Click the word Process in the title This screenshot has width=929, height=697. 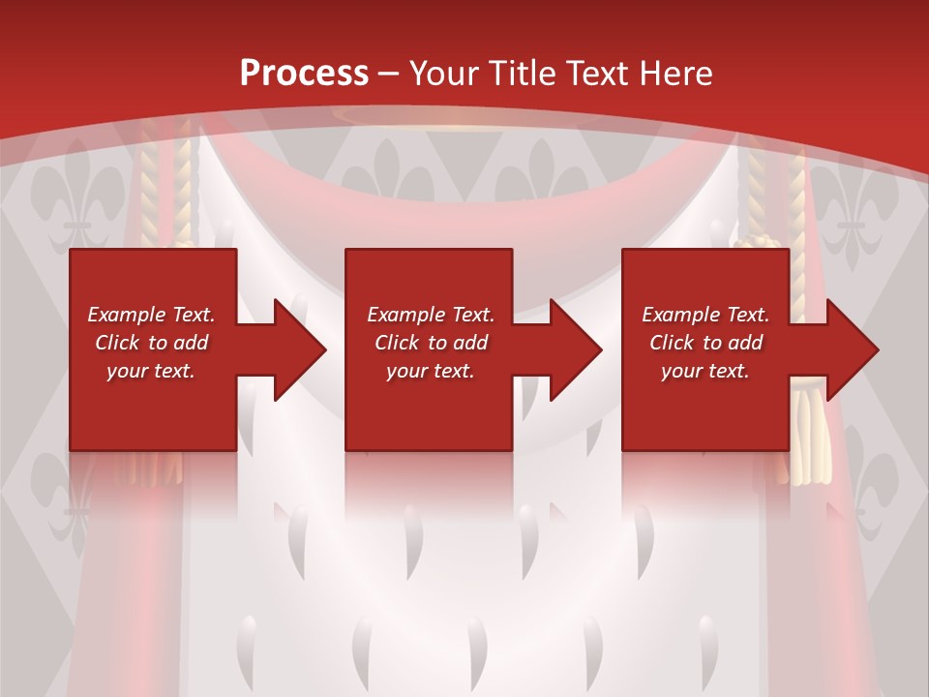[304, 74]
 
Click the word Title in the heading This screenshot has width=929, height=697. [521, 74]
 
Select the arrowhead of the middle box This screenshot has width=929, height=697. [576, 349]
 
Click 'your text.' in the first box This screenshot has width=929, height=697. [151, 371]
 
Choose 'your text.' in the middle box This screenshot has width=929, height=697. [431, 371]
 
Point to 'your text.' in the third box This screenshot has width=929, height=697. [705, 371]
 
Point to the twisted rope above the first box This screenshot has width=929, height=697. [153, 189]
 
